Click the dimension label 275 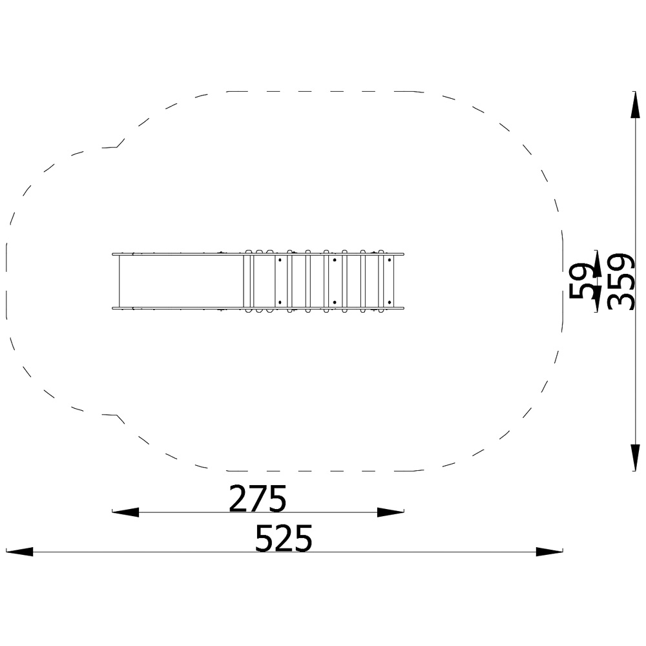pos(258,498)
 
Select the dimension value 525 pos(284,538)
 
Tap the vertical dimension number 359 pos(621,282)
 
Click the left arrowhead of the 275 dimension pos(125,512)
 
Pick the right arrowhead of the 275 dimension pos(391,512)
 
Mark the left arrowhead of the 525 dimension pos(19,552)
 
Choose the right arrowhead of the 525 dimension pos(549,552)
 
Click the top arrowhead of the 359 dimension pos(635,105)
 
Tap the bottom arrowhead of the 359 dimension pos(635,457)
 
